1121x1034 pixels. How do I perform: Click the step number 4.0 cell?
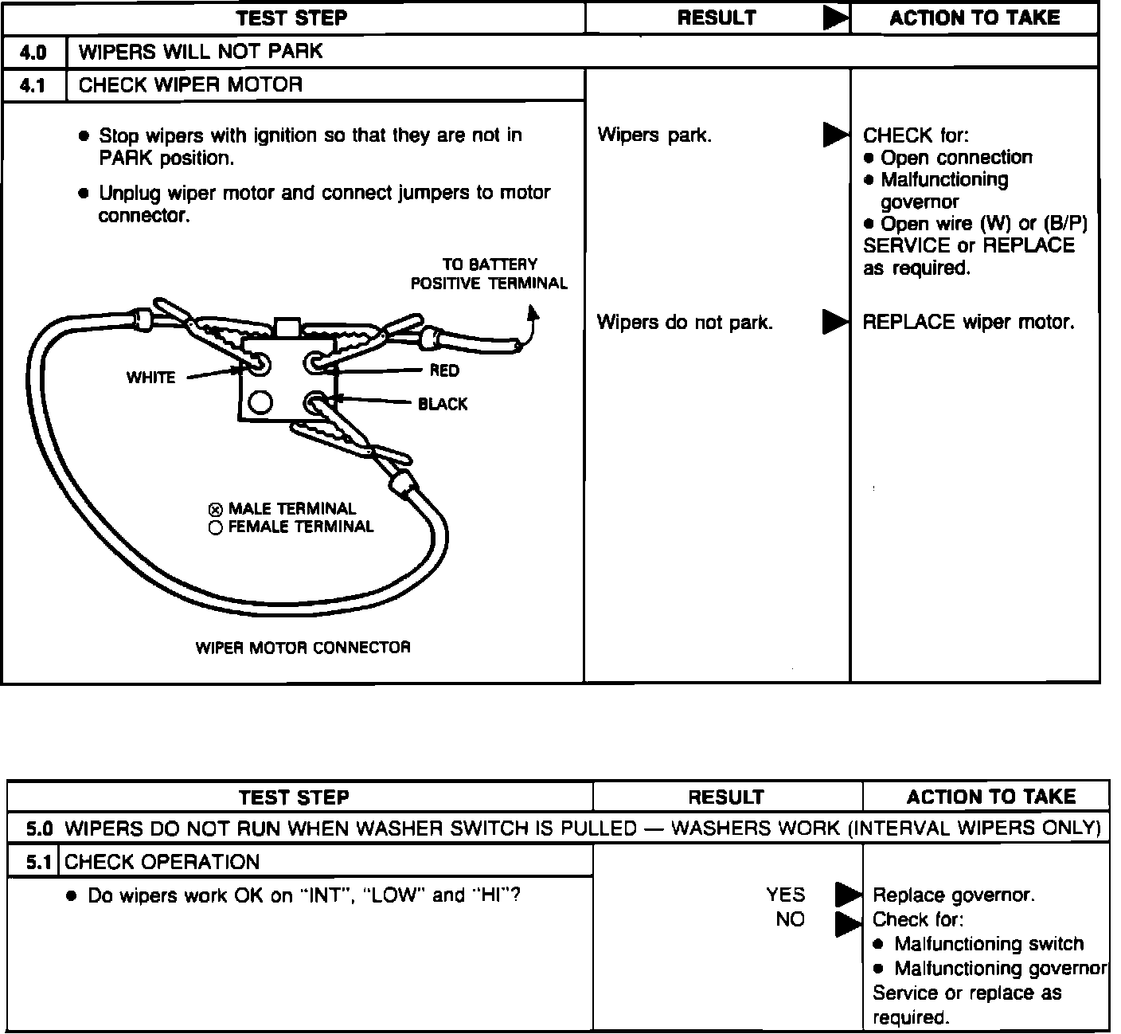tap(33, 53)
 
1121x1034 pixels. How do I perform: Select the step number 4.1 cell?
tap(33, 86)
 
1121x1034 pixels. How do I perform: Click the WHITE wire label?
tap(150, 378)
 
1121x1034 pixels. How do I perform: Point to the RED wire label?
tap(443, 370)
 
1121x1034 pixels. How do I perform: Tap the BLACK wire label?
tap(443, 405)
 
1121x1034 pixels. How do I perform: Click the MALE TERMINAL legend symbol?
tap(215, 510)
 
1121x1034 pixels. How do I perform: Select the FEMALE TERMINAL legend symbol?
tap(215, 528)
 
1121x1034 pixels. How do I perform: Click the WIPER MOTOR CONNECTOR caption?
tap(303, 648)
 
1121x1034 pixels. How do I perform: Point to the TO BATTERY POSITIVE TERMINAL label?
tap(489, 274)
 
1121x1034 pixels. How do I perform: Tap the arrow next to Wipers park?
tap(835, 136)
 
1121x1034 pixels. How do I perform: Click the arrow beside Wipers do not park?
tap(835, 323)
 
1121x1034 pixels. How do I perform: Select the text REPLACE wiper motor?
tap(968, 323)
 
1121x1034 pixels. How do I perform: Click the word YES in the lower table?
tap(786, 895)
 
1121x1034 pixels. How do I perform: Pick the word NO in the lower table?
tap(790, 919)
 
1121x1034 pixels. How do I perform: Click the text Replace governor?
tap(954, 895)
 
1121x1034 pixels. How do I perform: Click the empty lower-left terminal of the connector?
tap(260, 403)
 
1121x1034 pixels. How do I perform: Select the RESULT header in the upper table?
tap(717, 18)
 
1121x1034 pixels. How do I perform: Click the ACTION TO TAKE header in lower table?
tap(990, 797)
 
